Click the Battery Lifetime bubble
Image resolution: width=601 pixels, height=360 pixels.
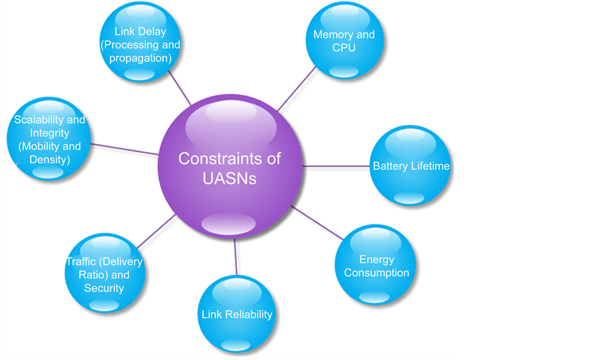[x=411, y=166]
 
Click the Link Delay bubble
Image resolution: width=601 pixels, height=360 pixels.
[x=140, y=44]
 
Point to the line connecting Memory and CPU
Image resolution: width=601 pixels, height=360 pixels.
[x=296, y=89]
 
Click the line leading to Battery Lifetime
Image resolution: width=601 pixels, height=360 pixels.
[x=337, y=166]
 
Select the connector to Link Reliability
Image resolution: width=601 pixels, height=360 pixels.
[x=236, y=256]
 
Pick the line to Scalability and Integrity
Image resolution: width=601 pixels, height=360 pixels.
[x=124, y=148]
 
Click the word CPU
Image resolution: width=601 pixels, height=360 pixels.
[x=344, y=47]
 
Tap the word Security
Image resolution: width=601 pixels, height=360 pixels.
[x=104, y=288]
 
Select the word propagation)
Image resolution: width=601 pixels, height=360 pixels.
[x=140, y=58]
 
